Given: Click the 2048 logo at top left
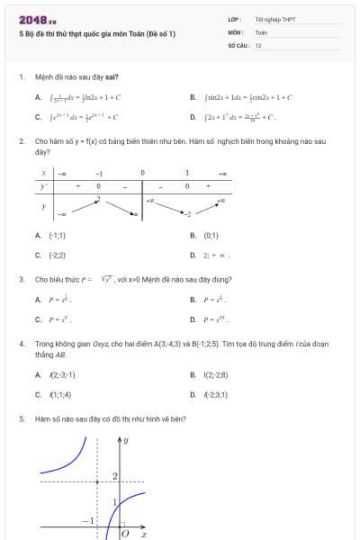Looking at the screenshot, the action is [x=37, y=19].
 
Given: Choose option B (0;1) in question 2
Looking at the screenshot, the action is [x=211, y=236].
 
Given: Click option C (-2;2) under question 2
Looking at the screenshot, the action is [x=56, y=255].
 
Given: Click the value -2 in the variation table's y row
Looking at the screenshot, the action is [x=187, y=214].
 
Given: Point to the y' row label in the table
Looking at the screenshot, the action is [x=43, y=185].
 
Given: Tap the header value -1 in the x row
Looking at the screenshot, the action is [x=99, y=172].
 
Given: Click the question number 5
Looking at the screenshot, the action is [x=21, y=418].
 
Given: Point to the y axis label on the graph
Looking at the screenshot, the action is [x=126, y=440].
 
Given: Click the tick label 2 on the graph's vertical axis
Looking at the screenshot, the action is [x=114, y=474].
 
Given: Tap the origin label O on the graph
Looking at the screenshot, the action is [x=125, y=534].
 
